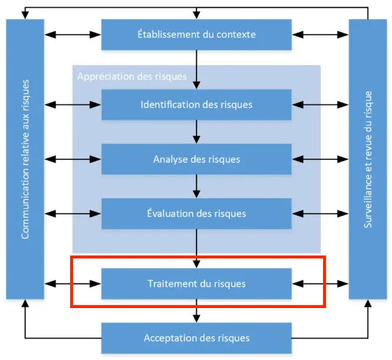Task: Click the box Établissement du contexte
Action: click(x=196, y=34)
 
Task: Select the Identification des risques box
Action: click(x=196, y=104)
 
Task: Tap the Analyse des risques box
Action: click(x=196, y=159)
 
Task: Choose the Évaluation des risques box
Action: click(x=196, y=213)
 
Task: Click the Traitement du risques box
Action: click(x=196, y=283)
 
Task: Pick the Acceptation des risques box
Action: click(x=196, y=338)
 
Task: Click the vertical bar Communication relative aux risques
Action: click(x=25, y=159)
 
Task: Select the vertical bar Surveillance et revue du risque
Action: click(x=368, y=159)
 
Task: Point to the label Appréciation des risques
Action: click(x=132, y=76)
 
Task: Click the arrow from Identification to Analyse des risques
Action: click(x=196, y=132)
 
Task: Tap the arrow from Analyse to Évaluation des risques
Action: click(x=196, y=186)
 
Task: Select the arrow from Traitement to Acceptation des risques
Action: click(x=196, y=310)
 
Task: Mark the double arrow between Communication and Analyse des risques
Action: click(x=73, y=159)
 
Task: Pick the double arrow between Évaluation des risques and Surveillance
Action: click(x=320, y=213)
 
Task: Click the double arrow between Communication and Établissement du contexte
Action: click(x=73, y=34)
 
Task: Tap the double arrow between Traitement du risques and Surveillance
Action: click(x=320, y=283)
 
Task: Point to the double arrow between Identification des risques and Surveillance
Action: click(x=320, y=104)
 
